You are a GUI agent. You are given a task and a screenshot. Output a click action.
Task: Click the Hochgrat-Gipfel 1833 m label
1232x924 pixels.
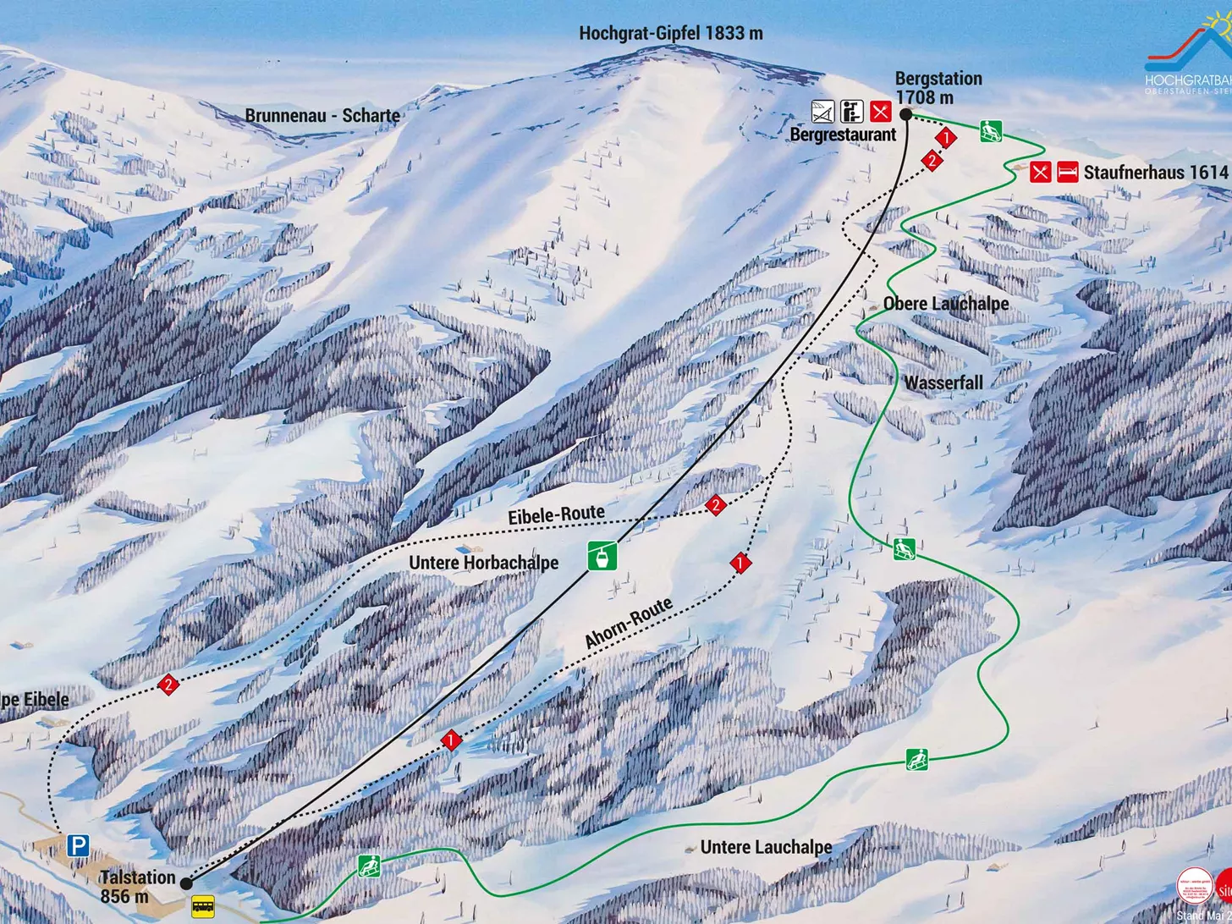[x=670, y=34]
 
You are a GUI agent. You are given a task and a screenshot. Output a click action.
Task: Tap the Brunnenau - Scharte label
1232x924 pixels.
[x=322, y=115]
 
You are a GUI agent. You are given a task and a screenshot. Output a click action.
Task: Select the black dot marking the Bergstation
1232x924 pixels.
[x=905, y=114]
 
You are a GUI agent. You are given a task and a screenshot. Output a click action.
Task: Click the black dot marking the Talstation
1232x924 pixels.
[x=186, y=883]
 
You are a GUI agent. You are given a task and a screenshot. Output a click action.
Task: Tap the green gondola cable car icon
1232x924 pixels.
[x=602, y=556]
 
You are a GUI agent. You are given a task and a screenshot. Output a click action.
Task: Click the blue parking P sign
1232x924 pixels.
[x=79, y=844]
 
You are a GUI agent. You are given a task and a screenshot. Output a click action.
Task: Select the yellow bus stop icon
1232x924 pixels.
[x=202, y=906]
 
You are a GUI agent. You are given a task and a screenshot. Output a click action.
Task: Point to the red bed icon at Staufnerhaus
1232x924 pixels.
[x=1067, y=172]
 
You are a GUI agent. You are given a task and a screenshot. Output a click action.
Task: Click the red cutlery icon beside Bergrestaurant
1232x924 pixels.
[x=880, y=111]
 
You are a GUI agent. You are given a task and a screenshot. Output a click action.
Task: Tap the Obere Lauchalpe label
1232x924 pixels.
[x=945, y=304]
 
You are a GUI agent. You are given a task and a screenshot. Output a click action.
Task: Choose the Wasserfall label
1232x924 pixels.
[x=943, y=382]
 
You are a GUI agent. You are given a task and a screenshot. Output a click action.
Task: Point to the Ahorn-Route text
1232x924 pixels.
[x=629, y=623]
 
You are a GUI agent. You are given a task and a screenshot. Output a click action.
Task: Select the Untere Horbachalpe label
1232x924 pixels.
[x=483, y=563]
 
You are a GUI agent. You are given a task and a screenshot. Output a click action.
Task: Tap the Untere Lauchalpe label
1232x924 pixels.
[x=766, y=847]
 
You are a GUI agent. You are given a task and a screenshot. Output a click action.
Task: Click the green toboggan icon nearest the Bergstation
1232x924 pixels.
[x=991, y=131]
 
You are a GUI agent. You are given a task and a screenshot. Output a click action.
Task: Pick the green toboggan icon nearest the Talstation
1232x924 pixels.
[x=368, y=866]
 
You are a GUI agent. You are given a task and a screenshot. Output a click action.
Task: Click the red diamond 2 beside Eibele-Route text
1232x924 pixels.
[x=716, y=505]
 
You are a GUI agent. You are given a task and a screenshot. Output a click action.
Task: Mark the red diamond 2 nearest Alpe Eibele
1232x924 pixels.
[x=168, y=685]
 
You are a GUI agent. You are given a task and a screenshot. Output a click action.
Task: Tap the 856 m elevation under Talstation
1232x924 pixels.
[x=124, y=897]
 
